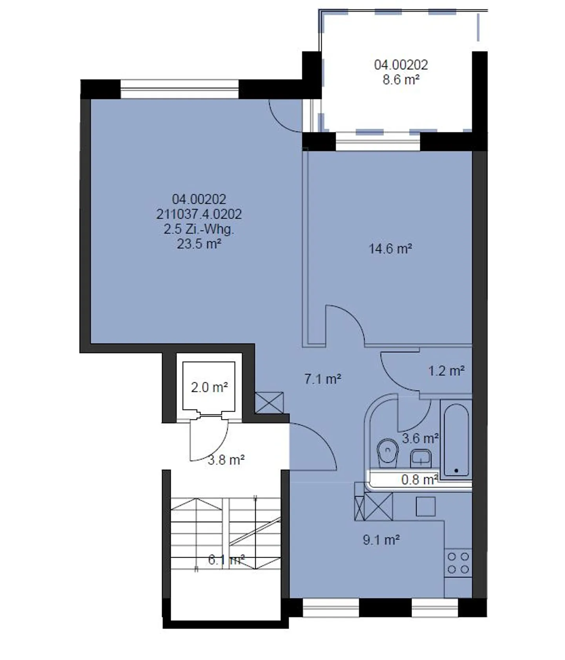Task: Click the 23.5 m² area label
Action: [x=199, y=244]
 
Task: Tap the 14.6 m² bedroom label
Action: [x=390, y=249]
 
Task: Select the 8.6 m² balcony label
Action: [x=401, y=80]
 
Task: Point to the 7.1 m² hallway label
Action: [x=323, y=379]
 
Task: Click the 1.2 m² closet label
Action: [x=446, y=371]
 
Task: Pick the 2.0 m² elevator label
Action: [x=209, y=388]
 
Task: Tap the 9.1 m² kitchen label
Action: [x=381, y=540]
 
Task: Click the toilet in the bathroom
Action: [x=388, y=452]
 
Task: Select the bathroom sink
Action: [x=421, y=458]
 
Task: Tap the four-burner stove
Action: [x=458, y=563]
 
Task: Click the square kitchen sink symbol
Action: [x=425, y=507]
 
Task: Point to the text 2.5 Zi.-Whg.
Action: [x=199, y=229]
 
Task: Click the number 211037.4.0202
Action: [x=199, y=214]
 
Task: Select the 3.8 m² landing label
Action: [x=226, y=460]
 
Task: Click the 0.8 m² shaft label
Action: [x=419, y=480]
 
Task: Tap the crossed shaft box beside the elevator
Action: [x=269, y=402]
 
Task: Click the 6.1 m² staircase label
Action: [x=226, y=560]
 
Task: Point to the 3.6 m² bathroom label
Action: [x=420, y=438]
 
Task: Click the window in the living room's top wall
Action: [x=179, y=89]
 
